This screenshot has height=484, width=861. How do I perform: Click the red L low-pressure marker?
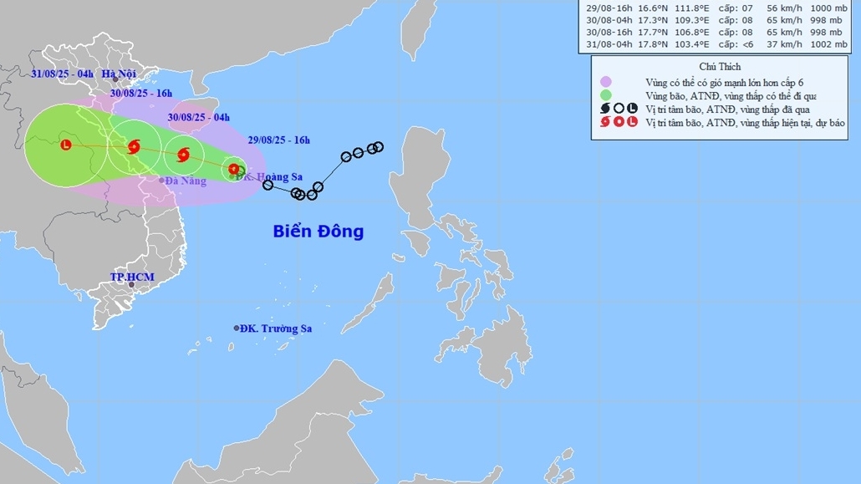pos(66,145)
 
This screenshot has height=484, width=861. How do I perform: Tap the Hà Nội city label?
pos(119,74)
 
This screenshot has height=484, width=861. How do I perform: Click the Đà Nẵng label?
pos(186,181)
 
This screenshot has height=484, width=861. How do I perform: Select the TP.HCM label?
pos(132,277)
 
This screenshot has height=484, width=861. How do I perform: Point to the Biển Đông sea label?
pos(318,232)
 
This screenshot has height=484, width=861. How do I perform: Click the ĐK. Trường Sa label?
pos(276,329)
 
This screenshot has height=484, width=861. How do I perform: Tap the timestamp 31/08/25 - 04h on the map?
pos(62,74)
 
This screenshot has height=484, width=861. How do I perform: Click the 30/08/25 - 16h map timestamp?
pos(141,93)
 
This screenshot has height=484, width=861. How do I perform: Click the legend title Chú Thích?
pos(720,66)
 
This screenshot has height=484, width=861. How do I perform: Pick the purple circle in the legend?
pos(606,82)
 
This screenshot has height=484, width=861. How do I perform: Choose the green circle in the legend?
pos(606,95)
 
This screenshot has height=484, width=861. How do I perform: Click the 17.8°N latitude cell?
pos(644,44)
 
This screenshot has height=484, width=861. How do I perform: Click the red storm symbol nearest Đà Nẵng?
pos(133,148)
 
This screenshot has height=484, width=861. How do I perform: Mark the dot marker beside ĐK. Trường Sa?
pos(237,328)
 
